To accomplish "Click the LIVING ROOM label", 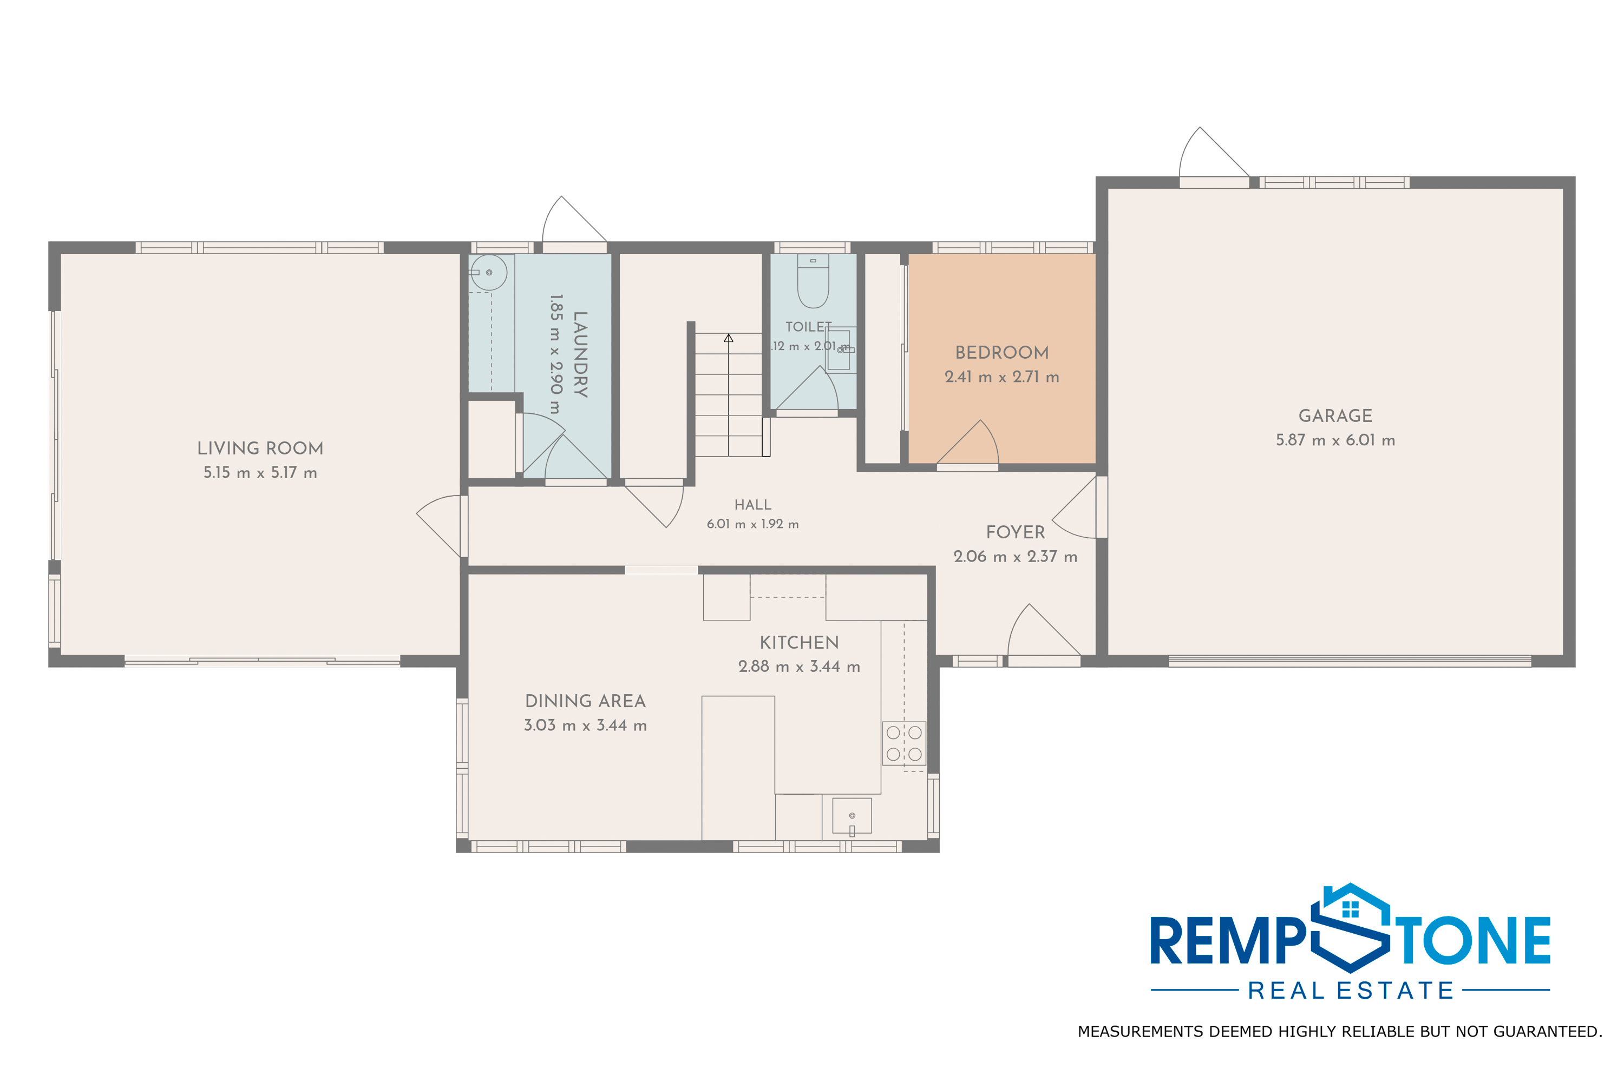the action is [260, 448].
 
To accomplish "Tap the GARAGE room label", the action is [1335, 416].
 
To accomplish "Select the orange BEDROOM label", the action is [1002, 353].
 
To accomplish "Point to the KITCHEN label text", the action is [799, 643].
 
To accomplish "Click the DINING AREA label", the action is [586, 701].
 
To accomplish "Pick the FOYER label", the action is [1015, 532].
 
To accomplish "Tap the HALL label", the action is [752, 505].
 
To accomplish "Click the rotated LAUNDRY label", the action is [581, 354].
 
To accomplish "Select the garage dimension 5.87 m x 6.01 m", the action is [1335, 440].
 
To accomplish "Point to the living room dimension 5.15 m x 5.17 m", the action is [260, 473].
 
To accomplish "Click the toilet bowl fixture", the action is [813, 280].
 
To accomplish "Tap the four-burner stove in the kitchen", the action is [904, 743].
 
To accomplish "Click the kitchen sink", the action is [852, 816].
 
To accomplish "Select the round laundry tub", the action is [489, 273].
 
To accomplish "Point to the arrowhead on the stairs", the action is [729, 338].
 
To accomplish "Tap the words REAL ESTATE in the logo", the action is [1351, 991].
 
